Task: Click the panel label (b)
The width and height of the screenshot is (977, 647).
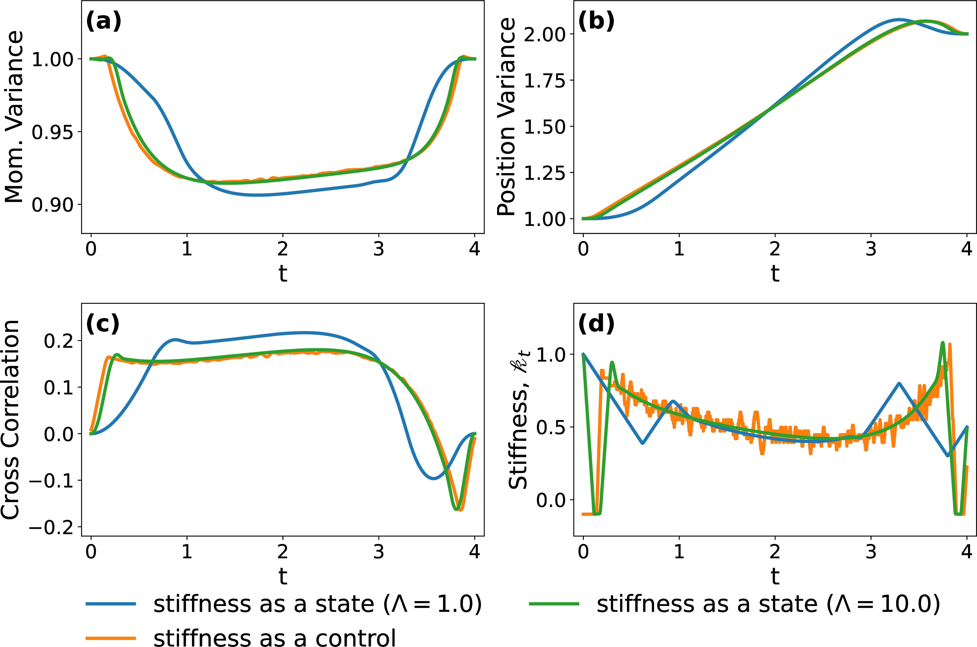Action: coord(596,22)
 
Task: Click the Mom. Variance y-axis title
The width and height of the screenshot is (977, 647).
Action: coord(14,116)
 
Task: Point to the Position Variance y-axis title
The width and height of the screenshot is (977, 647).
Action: coord(506,116)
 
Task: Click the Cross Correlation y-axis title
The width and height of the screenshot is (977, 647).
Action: coord(10,419)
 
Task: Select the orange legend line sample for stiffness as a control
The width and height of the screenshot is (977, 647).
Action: coord(111,638)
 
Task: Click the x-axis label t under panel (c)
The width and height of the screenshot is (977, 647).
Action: coord(283,576)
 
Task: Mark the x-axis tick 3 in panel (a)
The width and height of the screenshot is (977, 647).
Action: coord(379,249)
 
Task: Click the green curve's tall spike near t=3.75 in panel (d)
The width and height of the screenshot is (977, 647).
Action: coord(942,343)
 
